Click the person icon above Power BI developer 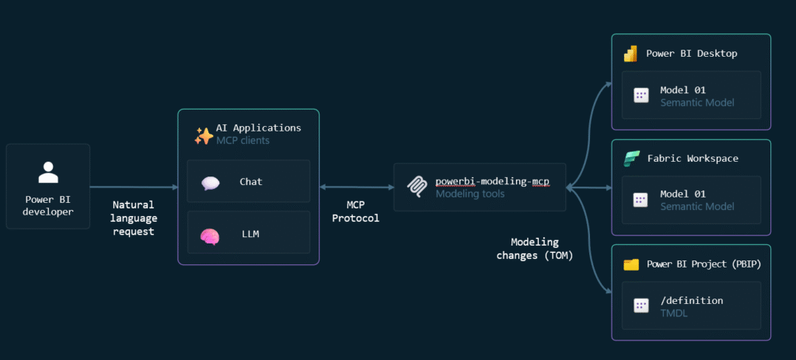click(x=48, y=172)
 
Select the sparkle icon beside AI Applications click(x=204, y=136)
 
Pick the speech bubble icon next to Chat click(x=211, y=183)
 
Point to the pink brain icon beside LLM click(x=211, y=235)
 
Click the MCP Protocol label click(x=355, y=211)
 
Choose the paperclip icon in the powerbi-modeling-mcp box click(x=417, y=187)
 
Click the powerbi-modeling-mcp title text click(x=491, y=180)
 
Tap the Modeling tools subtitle click(x=470, y=194)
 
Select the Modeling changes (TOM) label click(x=534, y=249)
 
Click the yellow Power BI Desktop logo click(x=630, y=54)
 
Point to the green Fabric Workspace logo click(x=630, y=159)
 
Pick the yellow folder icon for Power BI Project click(x=630, y=264)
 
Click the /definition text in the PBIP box click(x=691, y=300)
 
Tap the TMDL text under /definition click(x=675, y=313)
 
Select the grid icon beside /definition click(x=641, y=306)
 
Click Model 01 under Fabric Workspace click(x=683, y=194)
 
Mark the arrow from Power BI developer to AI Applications click(x=134, y=187)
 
